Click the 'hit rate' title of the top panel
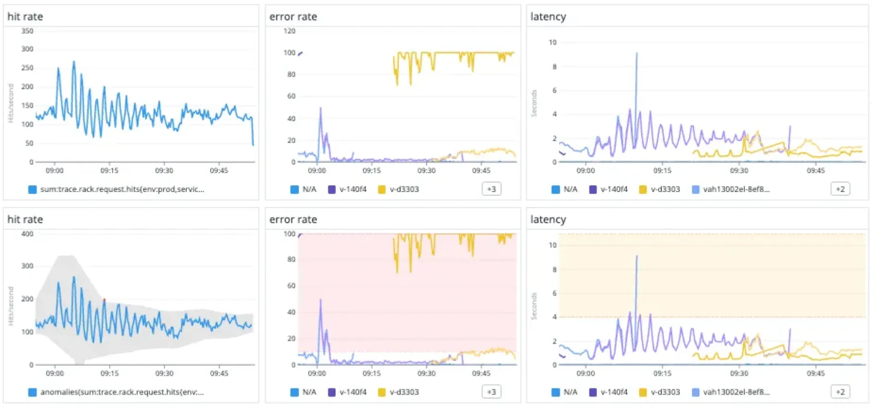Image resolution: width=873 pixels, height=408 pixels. (25, 17)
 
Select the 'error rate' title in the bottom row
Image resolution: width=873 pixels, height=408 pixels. (293, 220)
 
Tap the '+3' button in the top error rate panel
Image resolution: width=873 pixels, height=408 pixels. (491, 189)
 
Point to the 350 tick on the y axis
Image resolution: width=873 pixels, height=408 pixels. (27, 31)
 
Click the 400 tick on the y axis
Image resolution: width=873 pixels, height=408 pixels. (27, 234)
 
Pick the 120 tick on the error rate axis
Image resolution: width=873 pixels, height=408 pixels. (289, 31)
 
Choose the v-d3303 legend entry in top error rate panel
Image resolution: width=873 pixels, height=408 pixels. (404, 189)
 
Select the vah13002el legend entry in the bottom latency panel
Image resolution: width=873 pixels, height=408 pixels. (736, 392)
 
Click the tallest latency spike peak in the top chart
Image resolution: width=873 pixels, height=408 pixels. (637, 53)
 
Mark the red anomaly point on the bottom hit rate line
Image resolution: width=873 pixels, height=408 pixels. (104, 299)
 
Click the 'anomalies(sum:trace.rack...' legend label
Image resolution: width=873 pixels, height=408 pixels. (122, 392)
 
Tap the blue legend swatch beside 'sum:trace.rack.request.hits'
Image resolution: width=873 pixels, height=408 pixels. (32, 189)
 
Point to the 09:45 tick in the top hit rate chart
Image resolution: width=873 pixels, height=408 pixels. (219, 170)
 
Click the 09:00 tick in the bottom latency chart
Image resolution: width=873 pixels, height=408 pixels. (586, 373)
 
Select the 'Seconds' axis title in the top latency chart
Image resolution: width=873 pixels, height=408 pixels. (534, 103)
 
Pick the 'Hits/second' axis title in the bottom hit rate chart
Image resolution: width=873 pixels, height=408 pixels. (11, 306)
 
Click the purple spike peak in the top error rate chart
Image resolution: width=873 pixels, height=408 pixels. (321, 108)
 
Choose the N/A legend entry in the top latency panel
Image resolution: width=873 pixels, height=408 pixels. (570, 189)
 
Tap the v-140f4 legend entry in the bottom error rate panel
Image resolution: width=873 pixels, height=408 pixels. (353, 392)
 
